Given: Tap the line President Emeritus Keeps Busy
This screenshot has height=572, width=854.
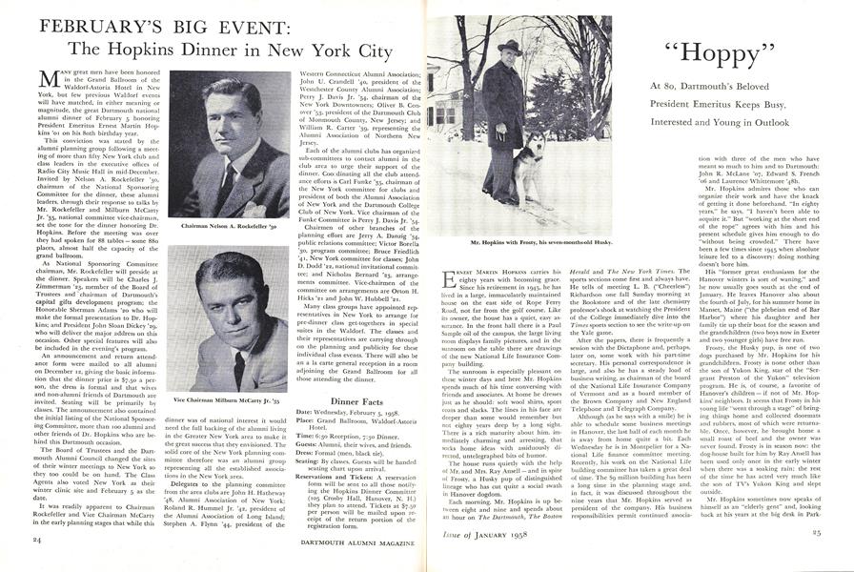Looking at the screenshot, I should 711,105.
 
